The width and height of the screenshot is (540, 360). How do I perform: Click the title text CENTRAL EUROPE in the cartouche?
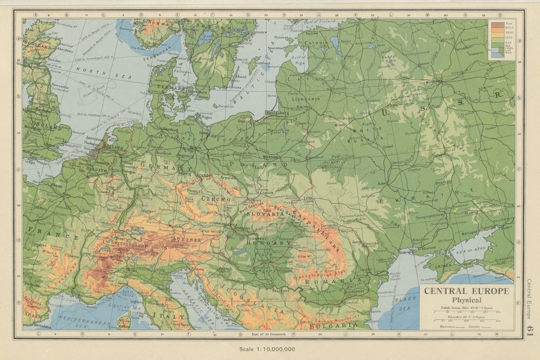[466, 291]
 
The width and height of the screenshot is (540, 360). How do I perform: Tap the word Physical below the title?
[466, 300]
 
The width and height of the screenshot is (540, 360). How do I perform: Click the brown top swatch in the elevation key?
[497, 25]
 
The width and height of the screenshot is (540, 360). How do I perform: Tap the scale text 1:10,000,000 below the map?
[267, 349]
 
